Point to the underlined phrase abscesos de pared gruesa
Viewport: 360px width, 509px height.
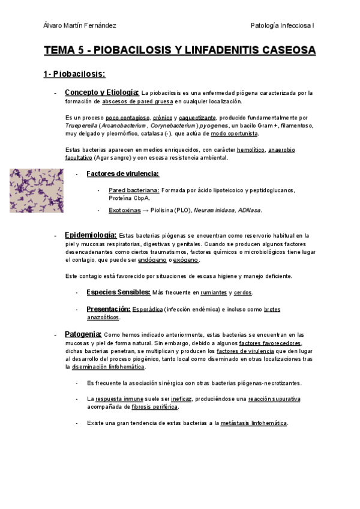tap(137, 102)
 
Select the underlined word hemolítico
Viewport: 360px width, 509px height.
tap(251, 149)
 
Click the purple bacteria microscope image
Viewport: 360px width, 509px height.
tap(36, 190)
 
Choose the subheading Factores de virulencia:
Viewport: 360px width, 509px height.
tap(123, 174)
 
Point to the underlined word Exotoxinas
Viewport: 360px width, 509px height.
tap(124, 211)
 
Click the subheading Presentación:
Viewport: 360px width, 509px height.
tap(109, 309)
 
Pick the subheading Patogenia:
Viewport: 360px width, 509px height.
tap(83, 334)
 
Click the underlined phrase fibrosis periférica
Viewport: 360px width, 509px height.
tap(155, 407)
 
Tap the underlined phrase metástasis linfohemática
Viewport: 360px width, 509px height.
tap(254, 423)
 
